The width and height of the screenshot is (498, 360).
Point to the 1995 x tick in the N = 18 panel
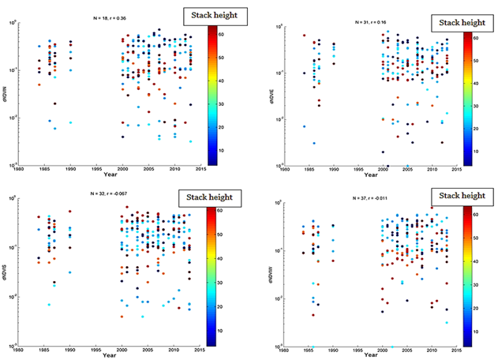(x=97, y=170)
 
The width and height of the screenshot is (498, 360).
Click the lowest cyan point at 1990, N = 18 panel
(x=71, y=122)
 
